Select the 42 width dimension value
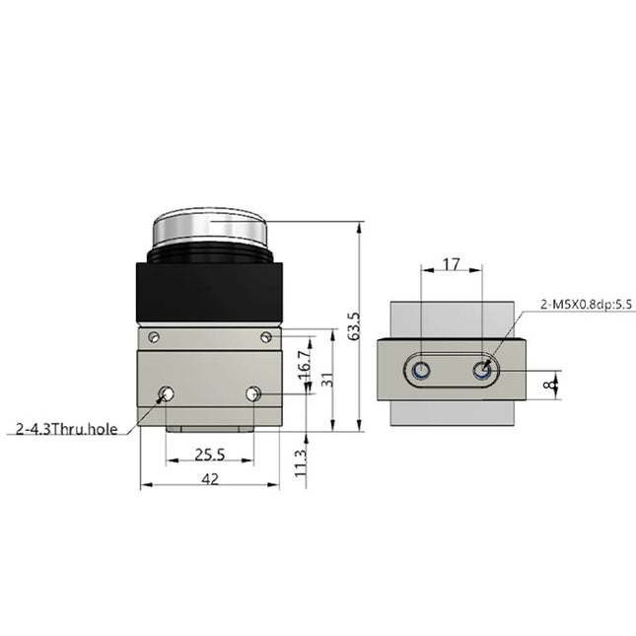coord(209,477)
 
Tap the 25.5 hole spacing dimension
coord(209,455)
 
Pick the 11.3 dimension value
coord(302,460)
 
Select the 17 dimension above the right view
coord(451,264)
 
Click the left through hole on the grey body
coord(167,394)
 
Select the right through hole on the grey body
coord(253,394)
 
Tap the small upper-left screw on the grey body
coord(153,337)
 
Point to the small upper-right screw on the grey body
coord(266,337)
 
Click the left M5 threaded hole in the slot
coord(421,371)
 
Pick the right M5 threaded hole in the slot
coord(481,371)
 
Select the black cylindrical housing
coord(209,291)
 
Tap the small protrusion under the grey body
coord(209,431)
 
